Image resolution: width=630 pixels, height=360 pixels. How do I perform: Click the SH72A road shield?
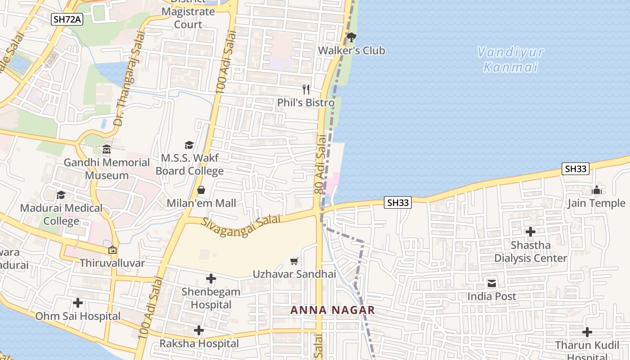[67, 19]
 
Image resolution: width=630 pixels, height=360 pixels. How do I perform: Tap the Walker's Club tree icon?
[351, 37]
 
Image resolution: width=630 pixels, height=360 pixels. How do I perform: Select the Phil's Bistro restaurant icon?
[306, 89]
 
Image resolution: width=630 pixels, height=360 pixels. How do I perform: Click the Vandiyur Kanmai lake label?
[510, 59]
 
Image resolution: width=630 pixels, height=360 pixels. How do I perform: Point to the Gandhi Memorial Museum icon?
[107, 149]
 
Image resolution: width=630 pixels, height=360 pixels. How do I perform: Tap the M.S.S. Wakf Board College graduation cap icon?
[189, 145]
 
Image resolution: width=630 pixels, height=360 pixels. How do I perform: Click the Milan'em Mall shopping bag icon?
[201, 190]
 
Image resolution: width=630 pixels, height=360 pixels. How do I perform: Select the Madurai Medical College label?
[61, 215]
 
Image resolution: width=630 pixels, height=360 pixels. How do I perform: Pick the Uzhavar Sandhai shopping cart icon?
[294, 261]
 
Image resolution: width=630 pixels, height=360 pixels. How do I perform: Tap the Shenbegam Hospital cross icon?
[211, 279]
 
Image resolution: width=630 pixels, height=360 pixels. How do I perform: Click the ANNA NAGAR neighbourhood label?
[333, 310]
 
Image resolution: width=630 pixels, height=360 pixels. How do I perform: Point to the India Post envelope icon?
[491, 283]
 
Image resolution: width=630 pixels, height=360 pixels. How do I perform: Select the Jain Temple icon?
[597, 190]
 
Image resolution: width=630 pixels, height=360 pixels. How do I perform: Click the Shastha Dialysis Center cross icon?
[531, 232]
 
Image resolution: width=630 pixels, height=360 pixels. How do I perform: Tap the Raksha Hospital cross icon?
[199, 331]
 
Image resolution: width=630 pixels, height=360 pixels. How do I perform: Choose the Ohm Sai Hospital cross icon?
[78, 303]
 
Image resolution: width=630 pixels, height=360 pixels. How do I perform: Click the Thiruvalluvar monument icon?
[112, 250]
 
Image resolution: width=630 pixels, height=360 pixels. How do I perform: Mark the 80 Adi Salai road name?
[320, 166]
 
